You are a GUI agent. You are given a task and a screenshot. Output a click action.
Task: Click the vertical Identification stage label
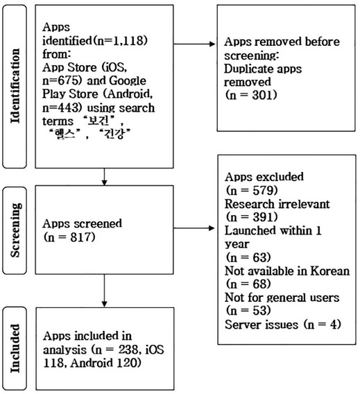tap(17, 87)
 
